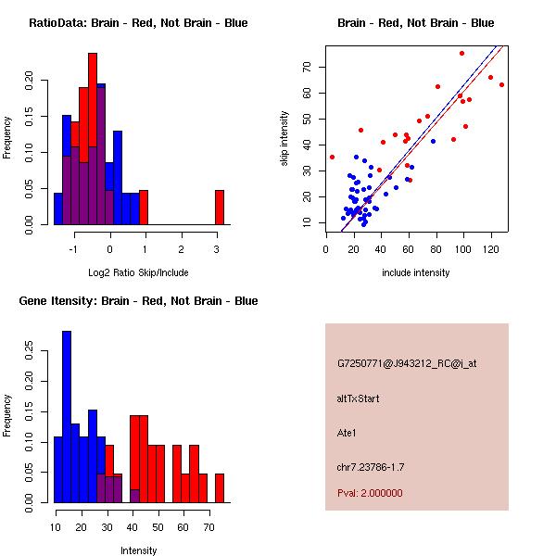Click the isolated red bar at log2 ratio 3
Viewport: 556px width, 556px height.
pos(220,207)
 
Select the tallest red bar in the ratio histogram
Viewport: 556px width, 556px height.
pos(93,111)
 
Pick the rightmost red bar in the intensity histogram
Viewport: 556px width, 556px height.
pos(220,487)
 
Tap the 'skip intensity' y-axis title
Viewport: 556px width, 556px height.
pos(284,139)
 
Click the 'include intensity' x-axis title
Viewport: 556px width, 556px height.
pos(415,272)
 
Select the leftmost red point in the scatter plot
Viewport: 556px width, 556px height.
pos(332,157)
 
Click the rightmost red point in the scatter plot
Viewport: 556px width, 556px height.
pos(501,84)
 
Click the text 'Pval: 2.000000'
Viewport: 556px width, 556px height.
pos(370,493)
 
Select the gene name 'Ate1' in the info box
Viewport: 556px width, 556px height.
pos(347,432)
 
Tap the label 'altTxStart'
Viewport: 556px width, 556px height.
pos(359,398)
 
